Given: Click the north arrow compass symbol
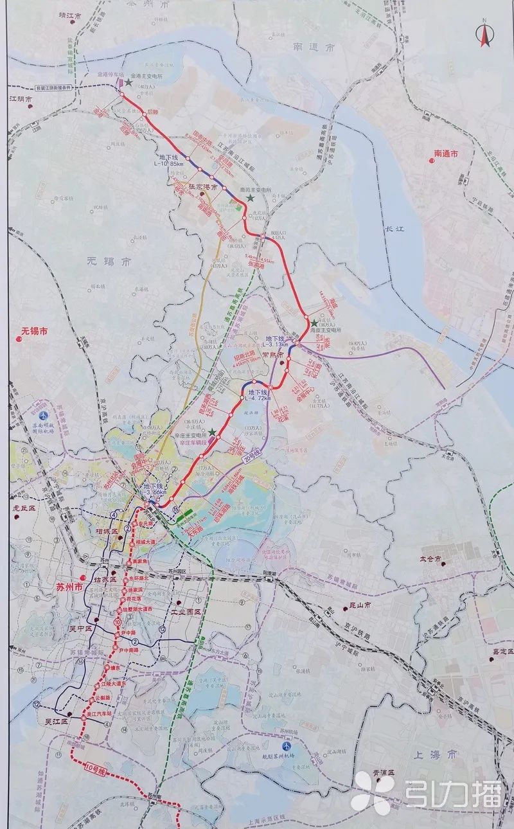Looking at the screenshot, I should pos(484,35).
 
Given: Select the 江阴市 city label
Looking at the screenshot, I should pos(20,100).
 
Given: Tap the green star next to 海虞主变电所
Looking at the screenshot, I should pos(314,323).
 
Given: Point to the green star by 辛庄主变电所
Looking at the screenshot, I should pos(212,432).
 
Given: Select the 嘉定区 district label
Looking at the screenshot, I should pos(504,652).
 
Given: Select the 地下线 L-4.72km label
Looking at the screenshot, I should pos(255,395).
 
